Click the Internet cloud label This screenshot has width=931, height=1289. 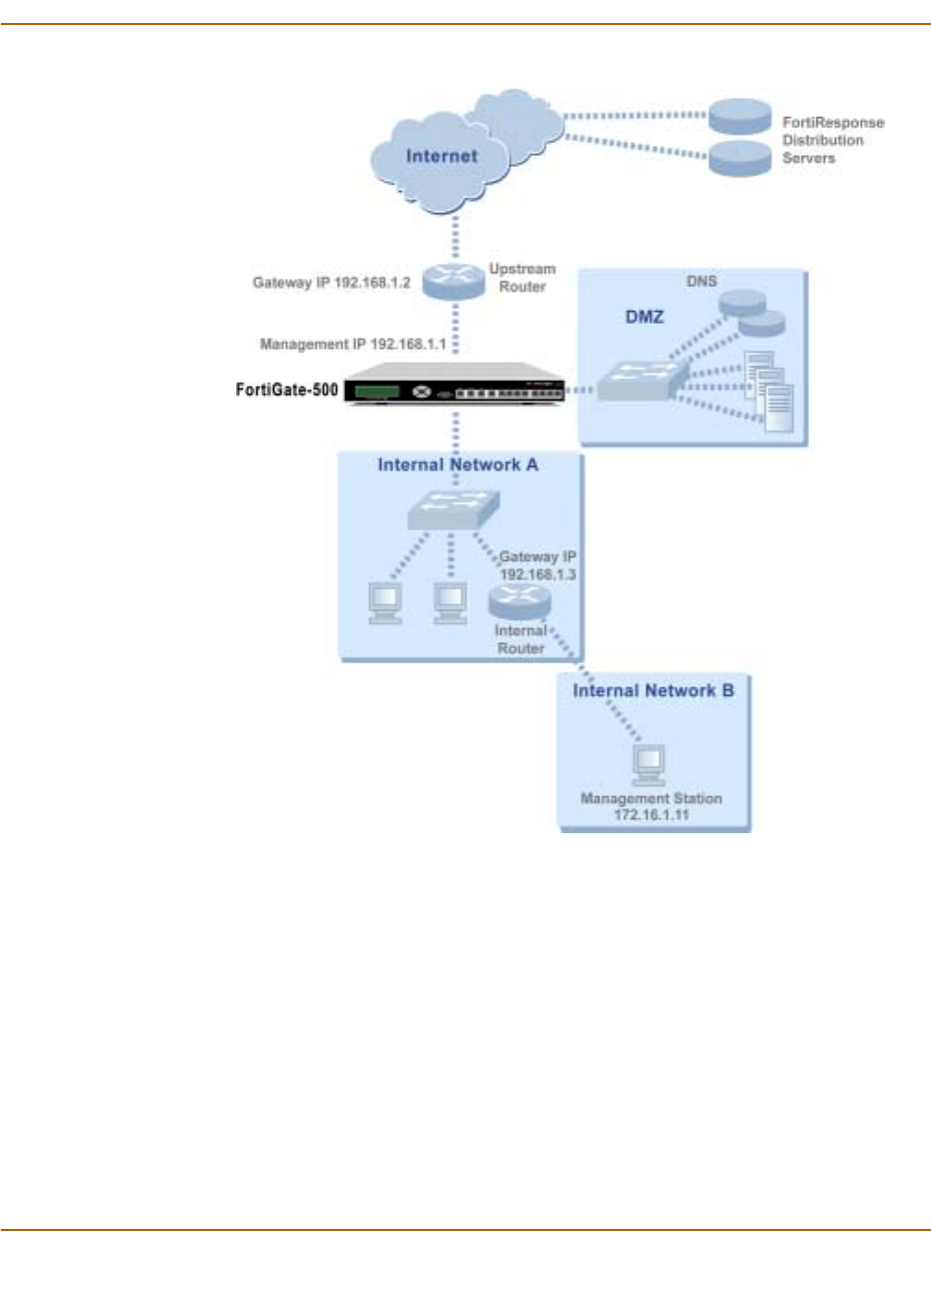click(x=441, y=157)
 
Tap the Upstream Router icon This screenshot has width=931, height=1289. click(x=453, y=280)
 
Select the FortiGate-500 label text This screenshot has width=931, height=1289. click(x=286, y=389)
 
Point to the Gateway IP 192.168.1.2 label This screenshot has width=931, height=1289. click(x=331, y=282)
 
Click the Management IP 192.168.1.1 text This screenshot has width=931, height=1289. click(x=352, y=344)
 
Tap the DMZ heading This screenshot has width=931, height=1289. click(x=644, y=316)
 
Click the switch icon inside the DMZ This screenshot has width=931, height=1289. click(x=641, y=379)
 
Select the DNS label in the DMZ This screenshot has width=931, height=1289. click(x=701, y=280)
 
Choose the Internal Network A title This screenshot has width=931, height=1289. click(x=457, y=465)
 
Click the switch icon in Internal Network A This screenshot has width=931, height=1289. click(x=453, y=510)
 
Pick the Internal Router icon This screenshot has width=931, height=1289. click(x=519, y=603)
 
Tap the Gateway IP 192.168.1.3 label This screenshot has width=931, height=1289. click(x=538, y=566)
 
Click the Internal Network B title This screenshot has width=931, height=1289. click(x=653, y=690)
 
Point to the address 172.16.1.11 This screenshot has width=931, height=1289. click(x=651, y=815)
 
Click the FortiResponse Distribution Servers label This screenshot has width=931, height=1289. click(x=832, y=140)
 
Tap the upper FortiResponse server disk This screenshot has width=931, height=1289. click(x=739, y=116)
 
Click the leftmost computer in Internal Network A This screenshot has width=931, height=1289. click(x=385, y=603)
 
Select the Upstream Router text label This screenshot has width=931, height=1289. click(x=522, y=278)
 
